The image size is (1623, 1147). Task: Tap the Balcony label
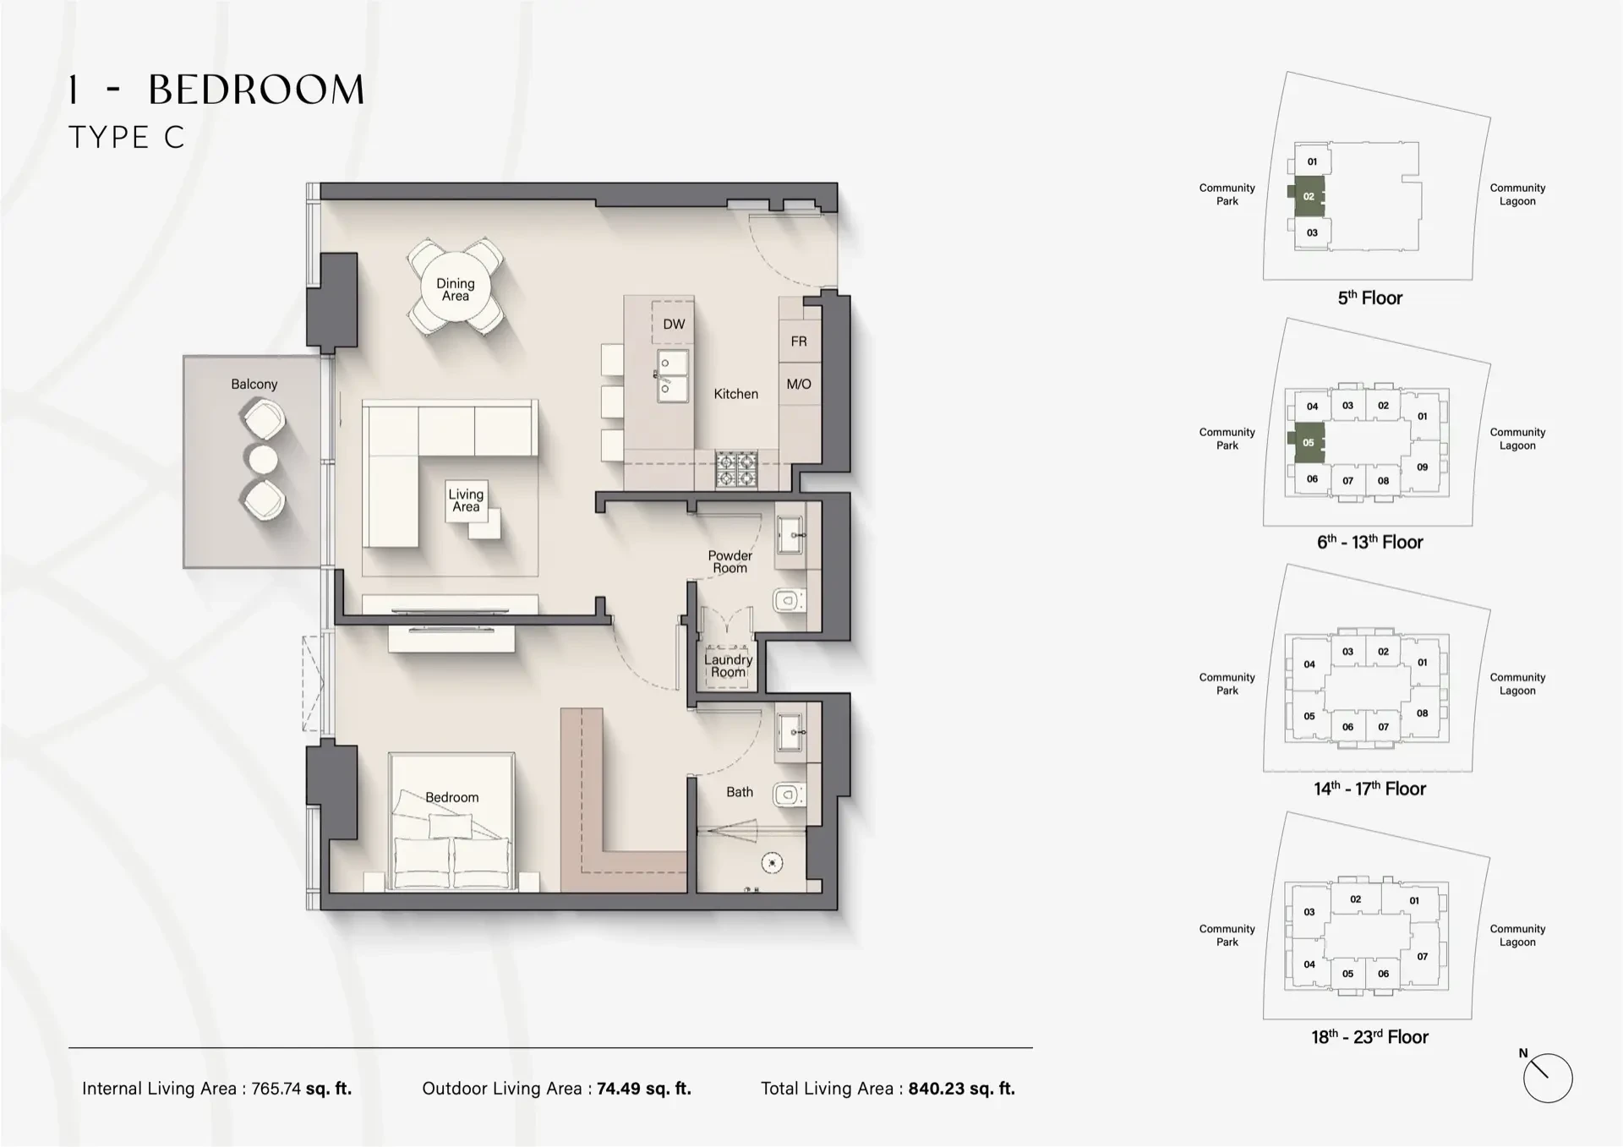[x=254, y=384]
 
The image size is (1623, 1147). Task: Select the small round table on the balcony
[x=263, y=459]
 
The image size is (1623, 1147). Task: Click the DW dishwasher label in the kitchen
[x=674, y=325]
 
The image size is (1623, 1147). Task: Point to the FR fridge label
[x=799, y=341]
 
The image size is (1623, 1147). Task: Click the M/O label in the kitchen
[x=799, y=384]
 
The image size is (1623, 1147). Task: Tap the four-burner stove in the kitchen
[x=735, y=469]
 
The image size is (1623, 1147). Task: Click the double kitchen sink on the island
[x=673, y=375]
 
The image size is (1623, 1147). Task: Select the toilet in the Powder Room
[x=788, y=601]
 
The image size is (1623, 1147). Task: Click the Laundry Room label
[x=728, y=665]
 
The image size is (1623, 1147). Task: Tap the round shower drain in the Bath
[x=772, y=863]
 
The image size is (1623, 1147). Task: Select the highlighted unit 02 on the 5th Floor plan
[x=1309, y=196]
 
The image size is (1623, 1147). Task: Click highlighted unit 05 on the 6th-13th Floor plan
[x=1309, y=442]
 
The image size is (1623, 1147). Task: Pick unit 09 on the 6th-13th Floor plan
[x=1423, y=467]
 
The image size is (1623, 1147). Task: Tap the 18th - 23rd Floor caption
[x=1369, y=1037]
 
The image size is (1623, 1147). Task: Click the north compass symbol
[x=1547, y=1078]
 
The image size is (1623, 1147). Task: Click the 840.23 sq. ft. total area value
[x=961, y=1089]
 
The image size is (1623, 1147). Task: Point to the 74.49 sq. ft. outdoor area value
[x=643, y=1089]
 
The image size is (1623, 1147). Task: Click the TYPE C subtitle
[x=126, y=137]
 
